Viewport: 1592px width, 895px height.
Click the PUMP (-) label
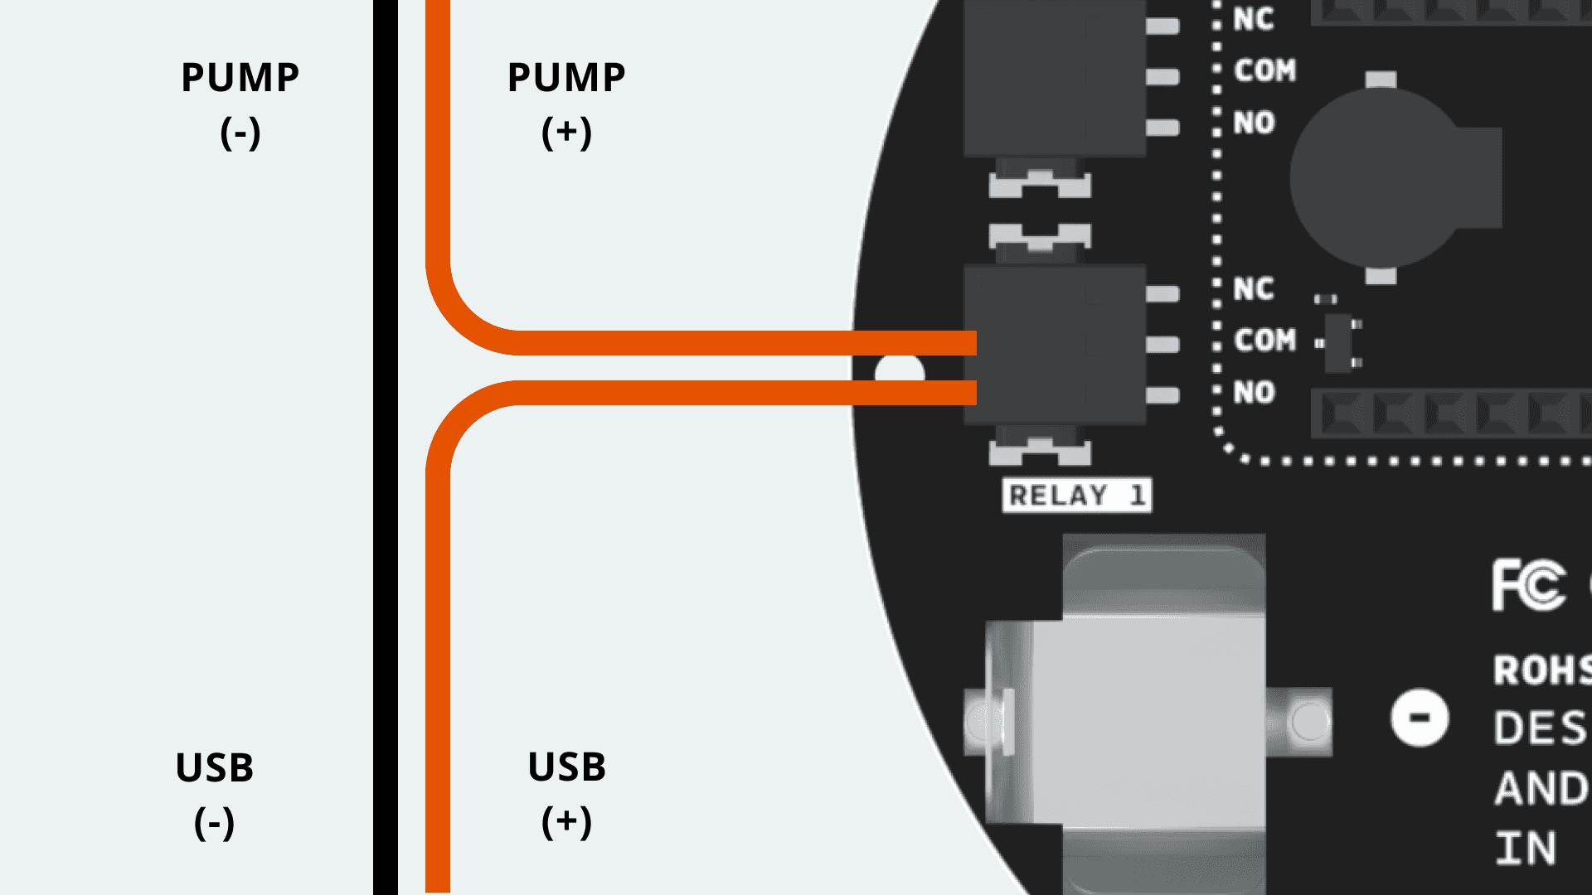(240, 104)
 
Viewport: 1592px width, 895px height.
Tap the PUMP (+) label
(566, 104)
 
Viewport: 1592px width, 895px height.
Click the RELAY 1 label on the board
(1076, 496)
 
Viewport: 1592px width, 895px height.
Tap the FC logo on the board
(1529, 585)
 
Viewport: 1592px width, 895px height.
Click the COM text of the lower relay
(1264, 340)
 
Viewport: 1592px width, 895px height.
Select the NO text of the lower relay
(1254, 392)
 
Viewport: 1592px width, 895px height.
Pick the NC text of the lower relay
(1253, 289)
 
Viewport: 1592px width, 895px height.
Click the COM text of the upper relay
(1264, 70)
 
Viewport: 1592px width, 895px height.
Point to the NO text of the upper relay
(1254, 123)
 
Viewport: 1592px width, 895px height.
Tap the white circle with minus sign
(1420, 718)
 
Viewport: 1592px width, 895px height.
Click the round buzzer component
(1381, 177)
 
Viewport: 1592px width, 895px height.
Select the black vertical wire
(386, 447)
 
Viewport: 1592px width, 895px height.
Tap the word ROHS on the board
(1541, 670)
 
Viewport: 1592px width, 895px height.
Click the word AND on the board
(1541, 788)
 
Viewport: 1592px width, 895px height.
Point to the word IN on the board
(1526, 849)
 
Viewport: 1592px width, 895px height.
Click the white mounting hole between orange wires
(900, 370)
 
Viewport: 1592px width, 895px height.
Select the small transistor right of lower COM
(1338, 341)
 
